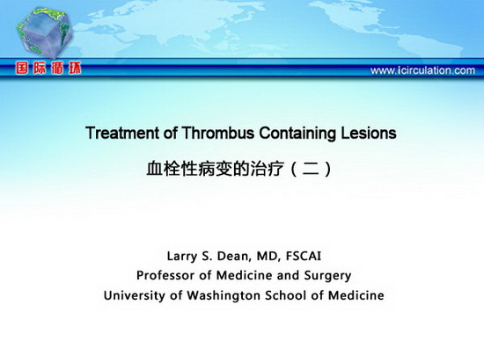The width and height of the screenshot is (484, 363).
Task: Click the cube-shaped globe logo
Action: [45, 33]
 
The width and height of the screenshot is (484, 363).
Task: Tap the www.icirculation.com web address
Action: [422, 70]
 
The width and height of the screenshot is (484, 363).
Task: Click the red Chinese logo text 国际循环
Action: [48, 69]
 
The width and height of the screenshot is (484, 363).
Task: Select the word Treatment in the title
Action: [123, 133]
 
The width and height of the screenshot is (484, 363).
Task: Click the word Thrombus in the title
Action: [218, 133]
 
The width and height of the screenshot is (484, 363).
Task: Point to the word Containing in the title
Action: [297, 134]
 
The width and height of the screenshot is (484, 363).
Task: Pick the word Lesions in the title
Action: [369, 133]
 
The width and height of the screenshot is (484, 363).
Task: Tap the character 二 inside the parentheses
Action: [311, 169]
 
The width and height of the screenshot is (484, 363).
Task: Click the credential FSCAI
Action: [304, 256]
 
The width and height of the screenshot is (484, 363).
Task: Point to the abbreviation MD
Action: [268, 257]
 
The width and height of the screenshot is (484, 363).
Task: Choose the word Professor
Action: [165, 275]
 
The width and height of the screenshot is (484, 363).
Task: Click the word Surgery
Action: [327, 276]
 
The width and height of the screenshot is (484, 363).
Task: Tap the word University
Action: [135, 296]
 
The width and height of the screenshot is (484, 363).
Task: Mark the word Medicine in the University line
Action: [356, 295]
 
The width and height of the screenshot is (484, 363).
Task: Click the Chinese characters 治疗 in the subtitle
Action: [267, 169]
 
